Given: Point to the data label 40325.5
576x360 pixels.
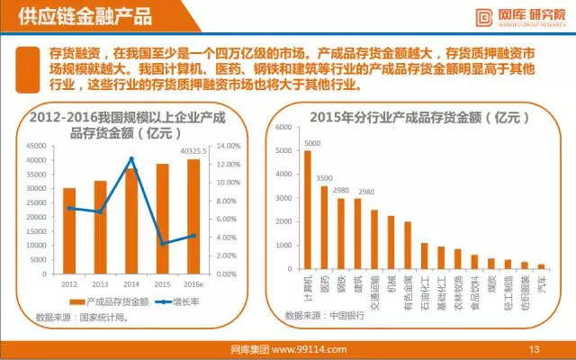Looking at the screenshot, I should [192, 151].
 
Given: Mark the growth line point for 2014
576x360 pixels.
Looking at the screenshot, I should [131, 159].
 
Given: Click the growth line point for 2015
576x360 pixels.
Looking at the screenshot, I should [163, 243].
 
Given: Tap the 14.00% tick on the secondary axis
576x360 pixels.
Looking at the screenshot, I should [227, 146].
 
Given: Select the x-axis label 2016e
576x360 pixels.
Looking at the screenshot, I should [193, 283].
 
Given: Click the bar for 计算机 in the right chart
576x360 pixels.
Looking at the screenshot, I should [308, 211].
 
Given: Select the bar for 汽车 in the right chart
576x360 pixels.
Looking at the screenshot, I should [542, 267].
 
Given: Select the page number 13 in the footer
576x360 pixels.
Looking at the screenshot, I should [533, 349].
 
